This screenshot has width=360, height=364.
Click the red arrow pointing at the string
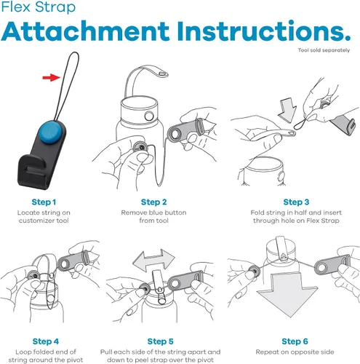(x=51, y=78)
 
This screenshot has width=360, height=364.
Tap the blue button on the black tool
(x=52, y=132)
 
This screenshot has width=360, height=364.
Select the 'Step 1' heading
(x=44, y=202)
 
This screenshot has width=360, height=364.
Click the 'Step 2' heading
(x=153, y=202)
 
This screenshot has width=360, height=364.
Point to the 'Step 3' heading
(x=296, y=202)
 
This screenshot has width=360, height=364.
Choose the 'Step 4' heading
(x=46, y=341)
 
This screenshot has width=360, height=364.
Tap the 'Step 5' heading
(x=160, y=341)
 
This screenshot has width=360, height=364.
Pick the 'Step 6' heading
(x=295, y=341)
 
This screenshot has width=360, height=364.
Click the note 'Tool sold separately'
(x=324, y=50)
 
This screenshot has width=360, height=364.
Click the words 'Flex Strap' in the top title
(x=39, y=7)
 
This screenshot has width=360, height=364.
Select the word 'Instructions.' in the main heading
(x=264, y=31)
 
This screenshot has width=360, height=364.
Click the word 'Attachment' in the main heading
(x=85, y=31)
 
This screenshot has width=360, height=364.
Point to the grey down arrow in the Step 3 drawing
(x=287, y=110)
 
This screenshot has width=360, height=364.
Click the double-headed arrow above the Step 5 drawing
(x=153, y=260)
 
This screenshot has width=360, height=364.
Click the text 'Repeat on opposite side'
(x=295, y=352)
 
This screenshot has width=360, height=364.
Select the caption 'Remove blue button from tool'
(x=153, y=216)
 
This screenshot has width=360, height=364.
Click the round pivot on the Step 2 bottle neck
(x=149, y=116)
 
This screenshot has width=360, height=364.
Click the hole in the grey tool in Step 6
(x=322, y=268)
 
